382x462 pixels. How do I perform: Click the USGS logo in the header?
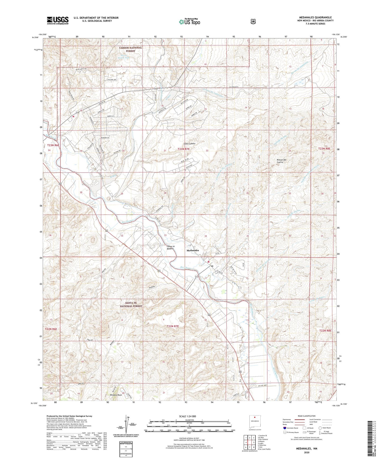[x=58, y=20]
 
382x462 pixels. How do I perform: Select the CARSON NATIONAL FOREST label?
[x=130, y=49]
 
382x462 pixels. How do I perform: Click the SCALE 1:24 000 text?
[x=187, y=416]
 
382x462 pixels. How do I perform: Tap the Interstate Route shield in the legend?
[x=284, y=428]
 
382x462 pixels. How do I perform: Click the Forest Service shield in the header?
[x=253, y=21]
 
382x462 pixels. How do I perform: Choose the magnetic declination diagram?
[x=126, y=426]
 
